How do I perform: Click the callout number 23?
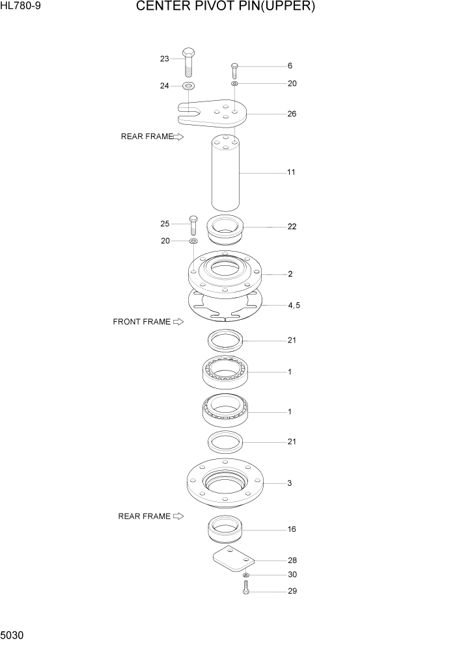[165, 59]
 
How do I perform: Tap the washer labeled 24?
[188, 86]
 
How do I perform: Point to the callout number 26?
[292, 114]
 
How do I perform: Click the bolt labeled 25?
[193, 225]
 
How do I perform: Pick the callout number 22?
[292, 226]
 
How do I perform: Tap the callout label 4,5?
[294, 304]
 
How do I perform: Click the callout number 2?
[290, 274]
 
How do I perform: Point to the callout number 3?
[290, 483]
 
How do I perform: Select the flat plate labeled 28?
[234, 559]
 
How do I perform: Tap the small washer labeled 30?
[246, 575]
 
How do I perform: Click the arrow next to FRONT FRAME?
[178, 322]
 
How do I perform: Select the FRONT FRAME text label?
[141, 322]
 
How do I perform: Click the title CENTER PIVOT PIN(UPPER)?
[226, 7]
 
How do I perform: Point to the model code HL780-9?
[16, 7]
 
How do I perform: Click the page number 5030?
[13, 634]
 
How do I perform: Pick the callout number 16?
[292, 529]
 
